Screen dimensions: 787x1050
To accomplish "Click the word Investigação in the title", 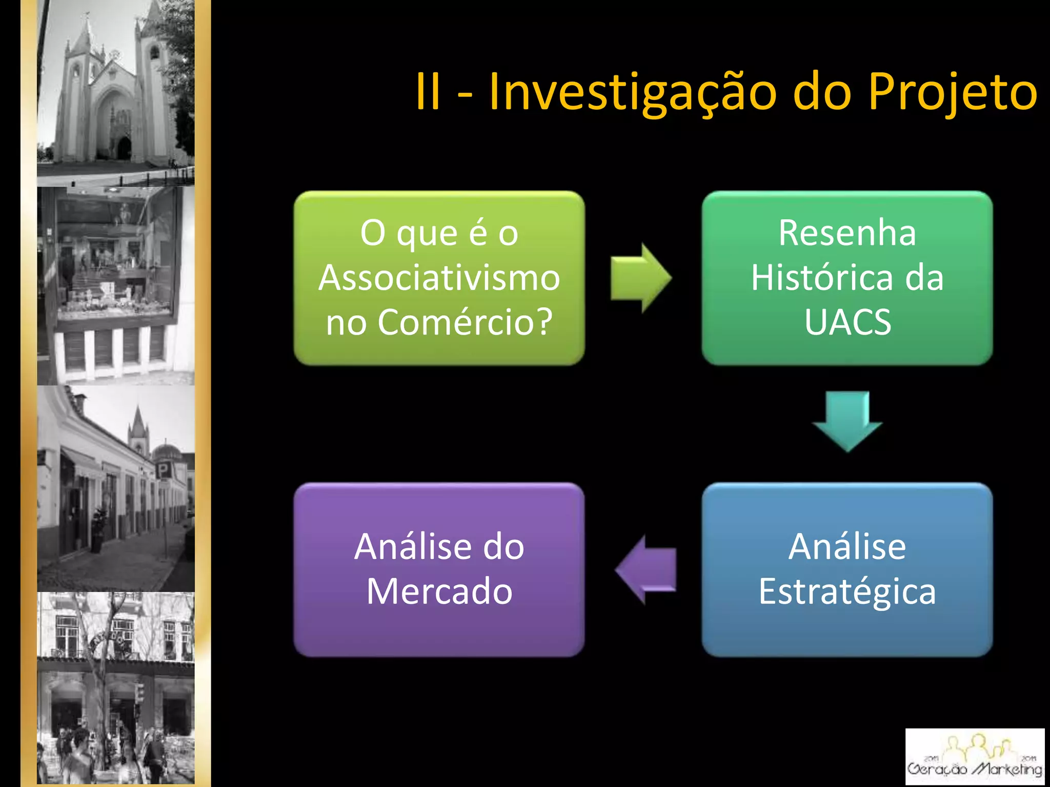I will tap(633, 92).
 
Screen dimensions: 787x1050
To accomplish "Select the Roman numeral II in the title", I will tap(428, 92).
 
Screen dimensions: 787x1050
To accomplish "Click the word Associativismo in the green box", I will tap(439, 278).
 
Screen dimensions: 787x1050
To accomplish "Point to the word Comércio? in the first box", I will tap(465, 322).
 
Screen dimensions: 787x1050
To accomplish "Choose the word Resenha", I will tap(847, 233).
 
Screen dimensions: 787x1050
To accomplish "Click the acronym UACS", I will tap(847, 322).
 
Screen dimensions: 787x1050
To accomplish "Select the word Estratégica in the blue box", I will tap(847, 591).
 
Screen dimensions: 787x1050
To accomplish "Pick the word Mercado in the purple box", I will tap(439, 591).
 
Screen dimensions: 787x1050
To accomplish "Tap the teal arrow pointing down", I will tap(847, 420).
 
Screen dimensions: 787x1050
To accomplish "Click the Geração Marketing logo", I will tap(975, 756).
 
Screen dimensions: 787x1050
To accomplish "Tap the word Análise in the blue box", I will tap(847, 547).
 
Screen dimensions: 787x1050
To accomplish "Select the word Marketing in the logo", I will tap(1007, 769).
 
